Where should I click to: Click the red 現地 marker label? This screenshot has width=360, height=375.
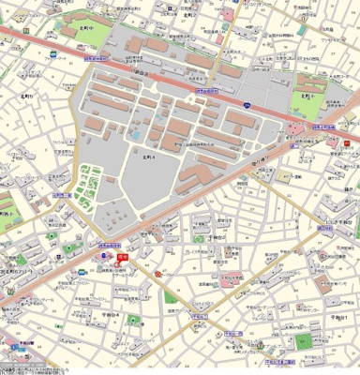tap(122, 254)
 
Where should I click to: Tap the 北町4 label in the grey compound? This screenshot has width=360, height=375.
tap(147, 158)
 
